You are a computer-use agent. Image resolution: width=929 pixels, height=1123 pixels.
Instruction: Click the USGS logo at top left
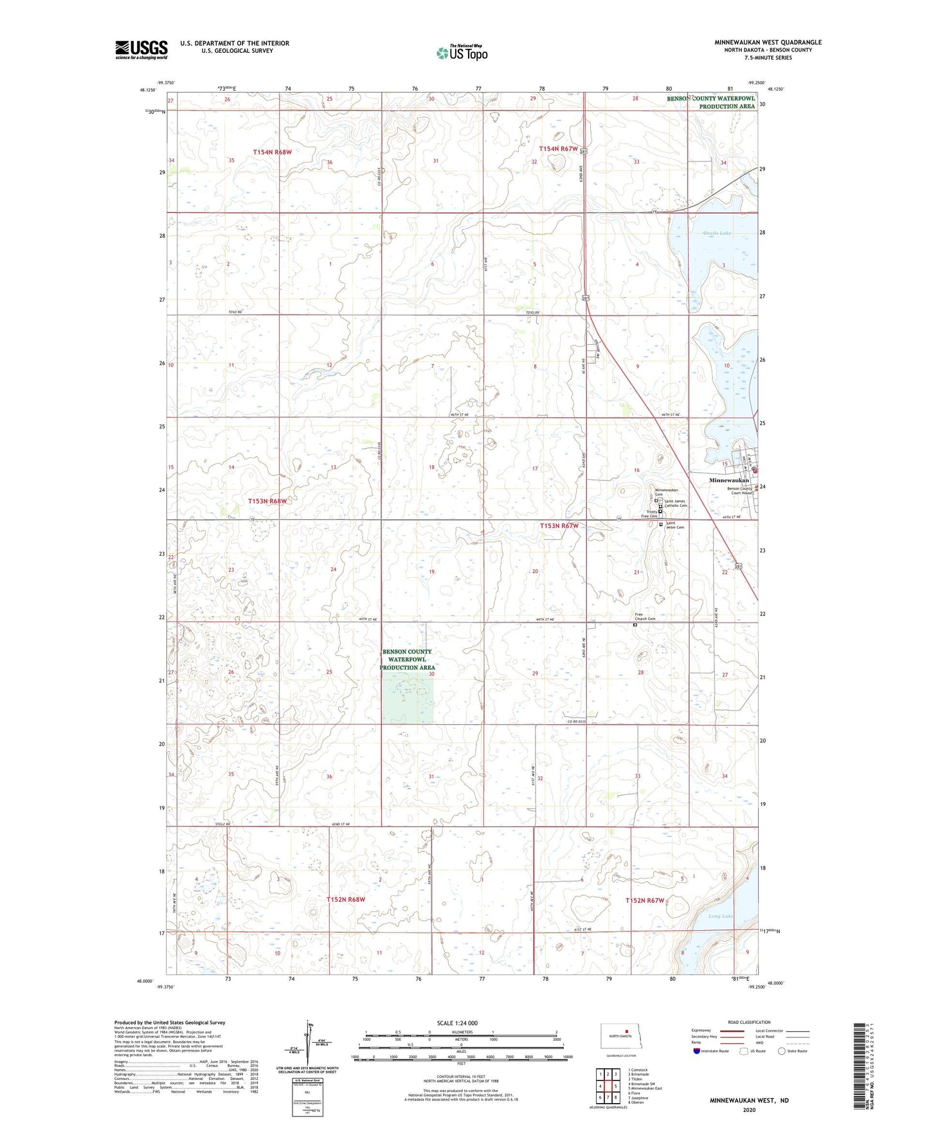(141, 50)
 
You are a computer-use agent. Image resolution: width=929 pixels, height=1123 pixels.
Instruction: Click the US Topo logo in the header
(461, 53)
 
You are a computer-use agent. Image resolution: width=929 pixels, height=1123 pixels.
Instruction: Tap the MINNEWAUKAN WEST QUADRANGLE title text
(768, 42)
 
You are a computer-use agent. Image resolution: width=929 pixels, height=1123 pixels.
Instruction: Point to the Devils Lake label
(717, 233)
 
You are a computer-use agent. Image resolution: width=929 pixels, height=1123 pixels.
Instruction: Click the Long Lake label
(721, 916)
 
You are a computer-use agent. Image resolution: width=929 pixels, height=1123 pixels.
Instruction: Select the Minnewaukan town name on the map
(728, 480)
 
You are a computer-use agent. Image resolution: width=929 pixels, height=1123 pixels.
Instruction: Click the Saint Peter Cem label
(675, 525)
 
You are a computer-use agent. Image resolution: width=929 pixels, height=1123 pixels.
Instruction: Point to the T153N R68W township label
(271, 500)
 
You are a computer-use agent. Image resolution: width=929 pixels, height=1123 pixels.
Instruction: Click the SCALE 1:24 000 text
(457, 1023)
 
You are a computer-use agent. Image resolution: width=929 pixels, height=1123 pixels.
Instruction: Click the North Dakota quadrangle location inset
(620, 1036)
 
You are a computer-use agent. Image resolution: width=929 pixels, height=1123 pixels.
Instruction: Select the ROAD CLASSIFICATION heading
(749, 1022)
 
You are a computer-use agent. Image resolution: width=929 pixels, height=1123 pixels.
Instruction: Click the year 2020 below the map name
(748, 1109)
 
